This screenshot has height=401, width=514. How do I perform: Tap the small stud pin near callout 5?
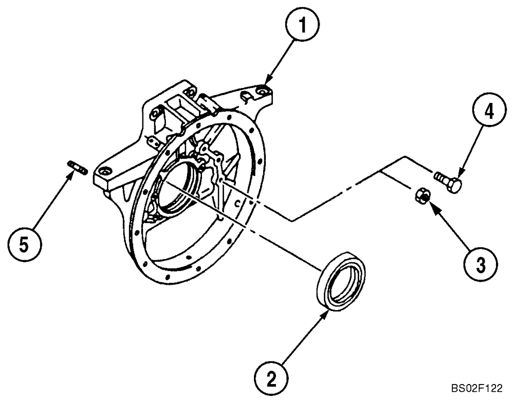[x=78, y=166]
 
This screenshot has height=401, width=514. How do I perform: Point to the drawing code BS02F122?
[x=476, y=388]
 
